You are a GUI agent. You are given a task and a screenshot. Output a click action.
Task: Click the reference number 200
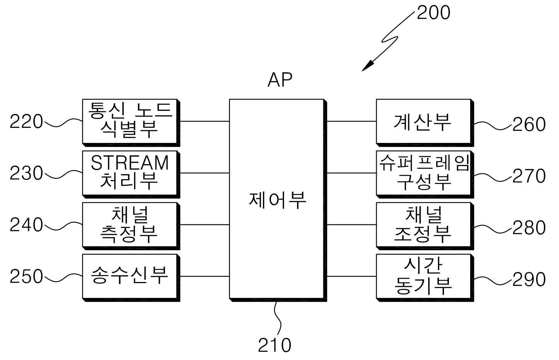(x=433, y=12)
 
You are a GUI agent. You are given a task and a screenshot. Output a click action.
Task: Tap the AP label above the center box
(x=280, y=80)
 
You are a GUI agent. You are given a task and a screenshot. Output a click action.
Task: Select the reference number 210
(x=275, y=345)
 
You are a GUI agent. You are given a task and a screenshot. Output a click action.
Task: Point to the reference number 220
(x=26, y=122)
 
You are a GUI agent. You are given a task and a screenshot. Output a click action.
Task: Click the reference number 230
(x=26, y=173)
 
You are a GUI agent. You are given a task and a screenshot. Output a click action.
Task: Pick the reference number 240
(x=26, y=224)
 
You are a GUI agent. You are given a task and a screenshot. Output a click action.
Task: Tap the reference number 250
(x=26, y=276)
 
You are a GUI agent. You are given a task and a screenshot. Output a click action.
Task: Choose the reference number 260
(x=529, y=124)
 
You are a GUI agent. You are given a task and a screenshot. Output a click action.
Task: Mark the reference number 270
(x=529, y=176)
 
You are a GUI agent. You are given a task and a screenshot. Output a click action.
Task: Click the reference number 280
(x=529, y=227)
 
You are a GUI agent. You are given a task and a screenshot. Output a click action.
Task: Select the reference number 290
(x=529, y=279)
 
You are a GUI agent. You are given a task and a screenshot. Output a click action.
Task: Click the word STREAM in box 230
(x=130, y=163)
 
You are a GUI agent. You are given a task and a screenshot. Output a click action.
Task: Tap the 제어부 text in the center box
(x=277, y=200)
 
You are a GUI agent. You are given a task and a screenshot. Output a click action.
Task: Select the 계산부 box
(x=425, y=123)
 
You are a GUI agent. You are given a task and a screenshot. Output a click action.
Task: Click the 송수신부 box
(x=131, y=278)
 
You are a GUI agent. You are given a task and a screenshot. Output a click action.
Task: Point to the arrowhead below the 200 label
(x=368, y=66)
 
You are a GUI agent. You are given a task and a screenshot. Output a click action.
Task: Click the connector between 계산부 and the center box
(x=352, y=122)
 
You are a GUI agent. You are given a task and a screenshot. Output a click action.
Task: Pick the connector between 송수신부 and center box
(x=204, y=276)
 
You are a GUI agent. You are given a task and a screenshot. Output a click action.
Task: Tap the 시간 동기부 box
(x=425, y=278)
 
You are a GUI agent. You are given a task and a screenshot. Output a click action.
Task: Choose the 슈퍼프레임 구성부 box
(x=425, y=174)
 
